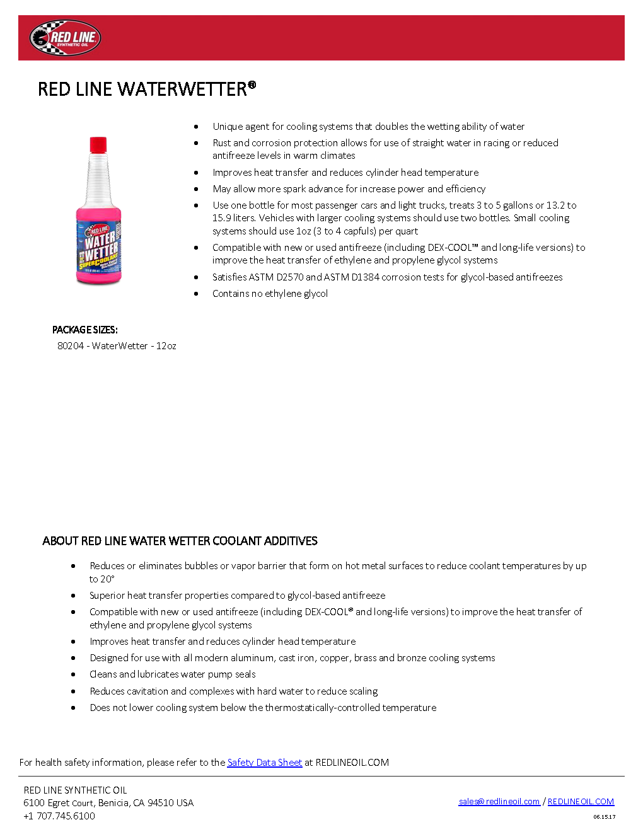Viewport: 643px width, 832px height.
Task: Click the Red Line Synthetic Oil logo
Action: (66, 38)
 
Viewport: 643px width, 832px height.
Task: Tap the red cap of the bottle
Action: (98, 144)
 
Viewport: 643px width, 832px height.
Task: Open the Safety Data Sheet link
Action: (264, 763)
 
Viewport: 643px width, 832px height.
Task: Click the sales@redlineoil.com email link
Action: (499, 802)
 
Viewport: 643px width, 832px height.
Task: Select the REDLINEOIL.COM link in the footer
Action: (581, 802)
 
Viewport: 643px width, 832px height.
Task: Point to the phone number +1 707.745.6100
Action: (59, 816)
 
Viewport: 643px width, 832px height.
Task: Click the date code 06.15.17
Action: (604, 817)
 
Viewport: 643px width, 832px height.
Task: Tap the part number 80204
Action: (71, 346)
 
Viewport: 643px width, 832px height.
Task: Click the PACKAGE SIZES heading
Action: (85, 330)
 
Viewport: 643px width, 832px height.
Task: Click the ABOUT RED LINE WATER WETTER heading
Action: (180, 541)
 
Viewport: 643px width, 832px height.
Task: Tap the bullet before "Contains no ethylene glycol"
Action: (196, 294)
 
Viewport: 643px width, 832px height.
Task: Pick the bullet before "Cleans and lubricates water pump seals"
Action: (74, 674)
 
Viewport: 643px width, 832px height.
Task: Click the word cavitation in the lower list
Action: (147, 691)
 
